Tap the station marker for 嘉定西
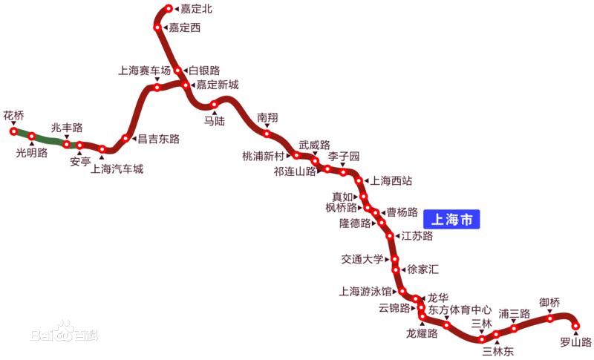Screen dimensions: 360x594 157,27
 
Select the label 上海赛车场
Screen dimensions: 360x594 144,71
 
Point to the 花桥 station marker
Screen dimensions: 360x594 13,131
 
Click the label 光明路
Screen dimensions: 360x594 32,153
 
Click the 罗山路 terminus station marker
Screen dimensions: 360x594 575,324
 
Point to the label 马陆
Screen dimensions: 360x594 215,120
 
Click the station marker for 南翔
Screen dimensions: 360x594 267,134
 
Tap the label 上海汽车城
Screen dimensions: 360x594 117,169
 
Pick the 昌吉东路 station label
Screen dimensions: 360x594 159,139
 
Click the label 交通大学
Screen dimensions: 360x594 362,259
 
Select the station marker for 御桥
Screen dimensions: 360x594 550,318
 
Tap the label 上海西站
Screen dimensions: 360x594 391,180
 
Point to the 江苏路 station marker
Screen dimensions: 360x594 391,236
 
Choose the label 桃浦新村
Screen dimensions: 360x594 263,157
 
